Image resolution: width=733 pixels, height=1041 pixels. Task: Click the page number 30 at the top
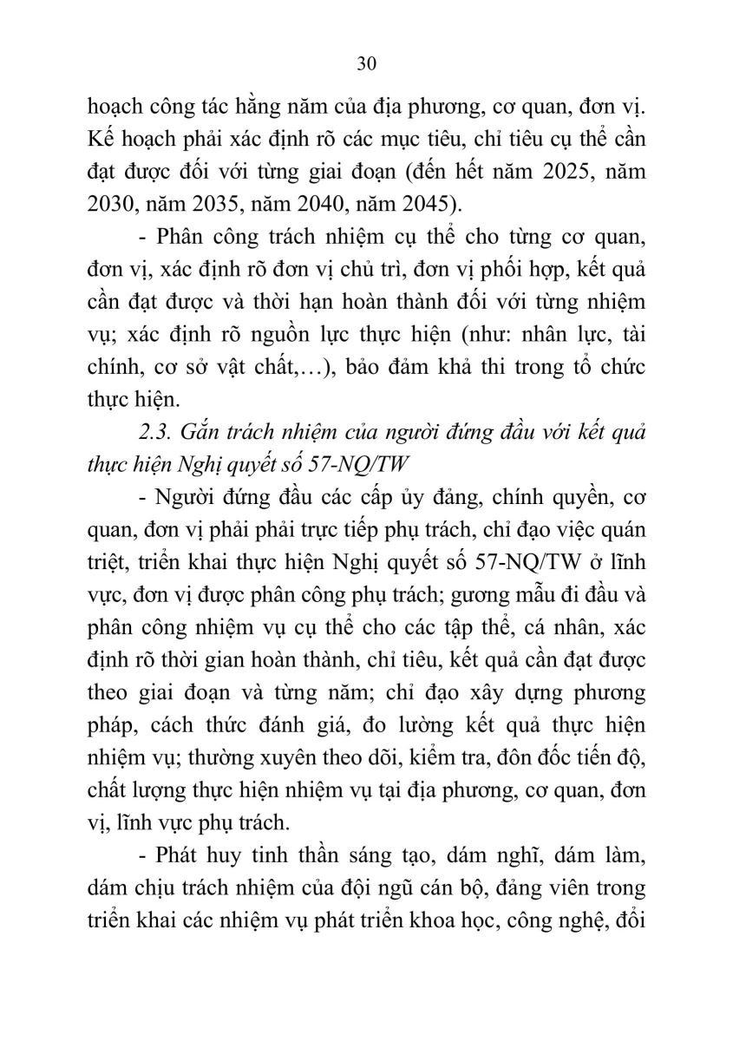(365, 63)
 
